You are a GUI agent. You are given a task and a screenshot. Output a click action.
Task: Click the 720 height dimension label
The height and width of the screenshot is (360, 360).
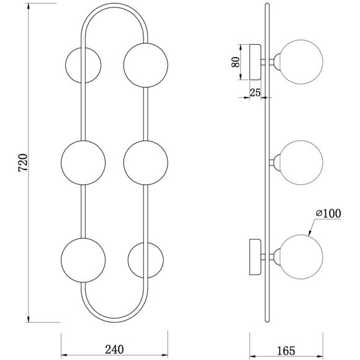(23, 163)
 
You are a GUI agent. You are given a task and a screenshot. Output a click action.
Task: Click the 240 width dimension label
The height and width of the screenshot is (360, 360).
(114, 349)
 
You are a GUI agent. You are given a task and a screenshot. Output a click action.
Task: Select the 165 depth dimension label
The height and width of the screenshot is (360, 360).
(286, 351)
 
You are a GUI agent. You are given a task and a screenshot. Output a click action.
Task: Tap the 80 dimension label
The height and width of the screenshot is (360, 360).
(235, 62)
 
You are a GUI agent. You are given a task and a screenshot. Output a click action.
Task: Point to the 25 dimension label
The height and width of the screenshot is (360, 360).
(255, 92)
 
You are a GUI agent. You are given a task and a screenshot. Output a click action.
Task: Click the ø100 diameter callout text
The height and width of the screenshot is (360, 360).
(328, 214)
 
